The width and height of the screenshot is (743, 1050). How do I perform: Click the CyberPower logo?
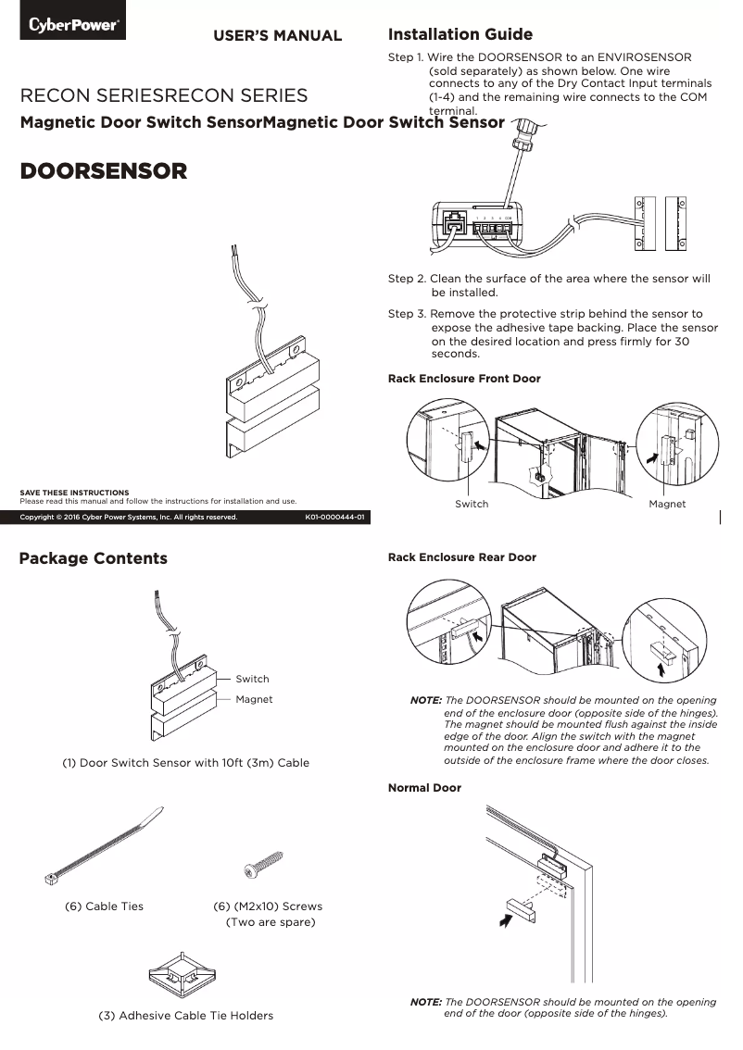[72, 25]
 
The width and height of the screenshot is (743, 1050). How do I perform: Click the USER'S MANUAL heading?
[278, 36]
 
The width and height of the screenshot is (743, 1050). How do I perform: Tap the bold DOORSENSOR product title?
[104, 171]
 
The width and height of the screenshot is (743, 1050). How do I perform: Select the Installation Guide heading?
[460, 35]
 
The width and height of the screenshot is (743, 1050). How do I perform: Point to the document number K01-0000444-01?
[334, 518]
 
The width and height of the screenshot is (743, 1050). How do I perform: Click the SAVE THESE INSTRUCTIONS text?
[75, 492]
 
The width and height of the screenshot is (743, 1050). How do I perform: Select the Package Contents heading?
[94, 558]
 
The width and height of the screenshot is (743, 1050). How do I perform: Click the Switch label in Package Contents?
[252, 679]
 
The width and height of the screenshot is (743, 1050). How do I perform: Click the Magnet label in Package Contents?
[254, 699]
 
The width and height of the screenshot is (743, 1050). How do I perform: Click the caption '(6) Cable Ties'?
[104, 906]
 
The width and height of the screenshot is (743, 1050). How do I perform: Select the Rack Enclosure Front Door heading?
[463, 379]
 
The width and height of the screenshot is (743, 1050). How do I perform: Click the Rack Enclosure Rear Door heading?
[461, 557]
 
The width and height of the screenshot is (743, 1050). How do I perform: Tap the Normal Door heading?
[423, 788]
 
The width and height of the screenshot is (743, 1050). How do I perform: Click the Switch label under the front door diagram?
[472, 504]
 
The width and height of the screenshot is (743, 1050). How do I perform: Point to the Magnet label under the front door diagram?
[667, 504]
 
